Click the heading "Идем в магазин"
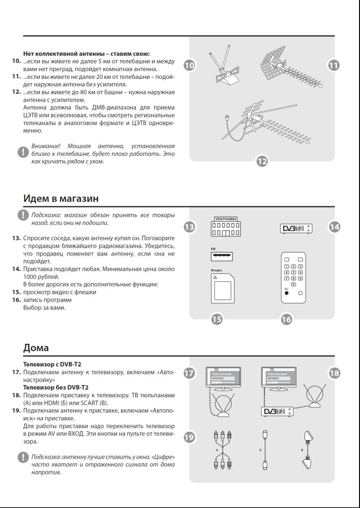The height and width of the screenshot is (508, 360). click(x=61, y=198)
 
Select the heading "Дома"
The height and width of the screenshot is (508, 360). click(x=36, y=347)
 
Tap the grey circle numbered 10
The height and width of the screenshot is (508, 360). click(x=189, y=65)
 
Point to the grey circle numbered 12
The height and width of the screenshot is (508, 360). click(x=262, y=161)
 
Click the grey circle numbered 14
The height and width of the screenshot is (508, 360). click(x=335, y=227)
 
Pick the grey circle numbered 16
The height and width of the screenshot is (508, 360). click(x=286, y=319)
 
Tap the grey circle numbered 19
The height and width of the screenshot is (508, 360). click(x=189, y=437)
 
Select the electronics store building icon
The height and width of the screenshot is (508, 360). click(x=226, y=227)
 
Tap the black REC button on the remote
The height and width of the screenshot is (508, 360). click(x=286, y=293)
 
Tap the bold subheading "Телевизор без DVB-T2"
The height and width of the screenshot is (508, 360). click(x=54, y=387)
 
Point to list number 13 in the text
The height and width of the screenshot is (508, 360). click(x=16, y=238)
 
